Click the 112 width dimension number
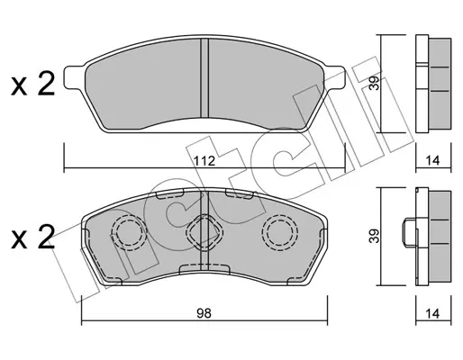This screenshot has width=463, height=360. [x=204, y=161]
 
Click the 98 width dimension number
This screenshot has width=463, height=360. [x=204, y=313]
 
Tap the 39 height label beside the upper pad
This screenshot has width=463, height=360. [x=375, y=83]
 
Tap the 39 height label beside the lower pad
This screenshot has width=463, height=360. [x=375, y=236]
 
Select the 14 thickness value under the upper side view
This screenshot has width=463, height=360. [x=432, y=161]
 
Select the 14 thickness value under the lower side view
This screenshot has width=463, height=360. [x=432, y=314]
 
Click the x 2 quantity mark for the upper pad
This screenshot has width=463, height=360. [x=33, y=85]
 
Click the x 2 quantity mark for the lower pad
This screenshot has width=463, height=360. [x=33, y=237]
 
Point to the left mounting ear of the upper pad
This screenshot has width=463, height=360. [x=75, y=77]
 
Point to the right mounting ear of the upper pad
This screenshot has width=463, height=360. [x=334, y=77]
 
